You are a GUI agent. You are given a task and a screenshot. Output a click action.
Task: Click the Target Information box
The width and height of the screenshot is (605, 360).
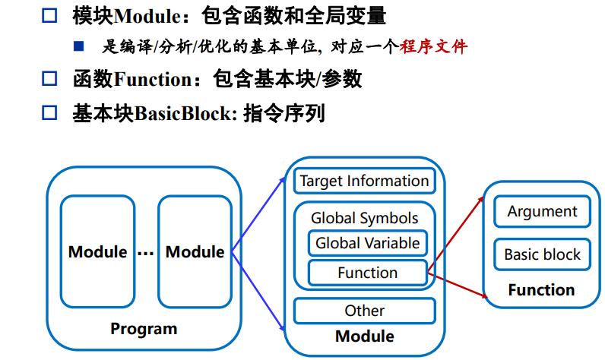pos(364,181)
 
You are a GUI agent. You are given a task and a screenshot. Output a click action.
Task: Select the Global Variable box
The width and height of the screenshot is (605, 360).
pos(367,243)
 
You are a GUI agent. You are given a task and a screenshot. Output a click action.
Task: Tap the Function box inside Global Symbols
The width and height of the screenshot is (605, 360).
pos(367,273)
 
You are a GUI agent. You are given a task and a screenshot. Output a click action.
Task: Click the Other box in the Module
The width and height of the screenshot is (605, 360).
pos(364,311)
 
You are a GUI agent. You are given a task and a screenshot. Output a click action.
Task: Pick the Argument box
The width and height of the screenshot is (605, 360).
pos(542,211)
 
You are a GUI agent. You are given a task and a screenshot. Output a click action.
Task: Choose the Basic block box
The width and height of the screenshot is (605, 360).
pos(542,254)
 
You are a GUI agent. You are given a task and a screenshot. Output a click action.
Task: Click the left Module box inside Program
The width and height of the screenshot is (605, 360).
pos(97,251)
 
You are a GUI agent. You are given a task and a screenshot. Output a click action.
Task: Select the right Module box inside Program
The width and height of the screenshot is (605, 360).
pos(195,251)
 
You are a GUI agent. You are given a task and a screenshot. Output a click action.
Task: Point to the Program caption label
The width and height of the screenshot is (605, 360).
pos(144,329)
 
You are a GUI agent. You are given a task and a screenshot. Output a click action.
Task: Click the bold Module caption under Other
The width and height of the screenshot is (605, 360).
pos(365,336)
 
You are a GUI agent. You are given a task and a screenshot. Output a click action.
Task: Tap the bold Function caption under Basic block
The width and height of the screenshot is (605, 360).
pos(541,290)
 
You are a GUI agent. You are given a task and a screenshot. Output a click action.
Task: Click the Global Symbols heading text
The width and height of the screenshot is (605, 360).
pos(364,218)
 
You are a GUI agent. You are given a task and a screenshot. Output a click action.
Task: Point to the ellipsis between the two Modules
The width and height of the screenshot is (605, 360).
pos(146,253)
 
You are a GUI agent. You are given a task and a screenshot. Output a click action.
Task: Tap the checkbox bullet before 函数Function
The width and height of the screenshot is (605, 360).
pos(49,78)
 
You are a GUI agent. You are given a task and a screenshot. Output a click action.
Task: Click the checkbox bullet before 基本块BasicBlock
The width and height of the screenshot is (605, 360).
pos(49,113)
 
